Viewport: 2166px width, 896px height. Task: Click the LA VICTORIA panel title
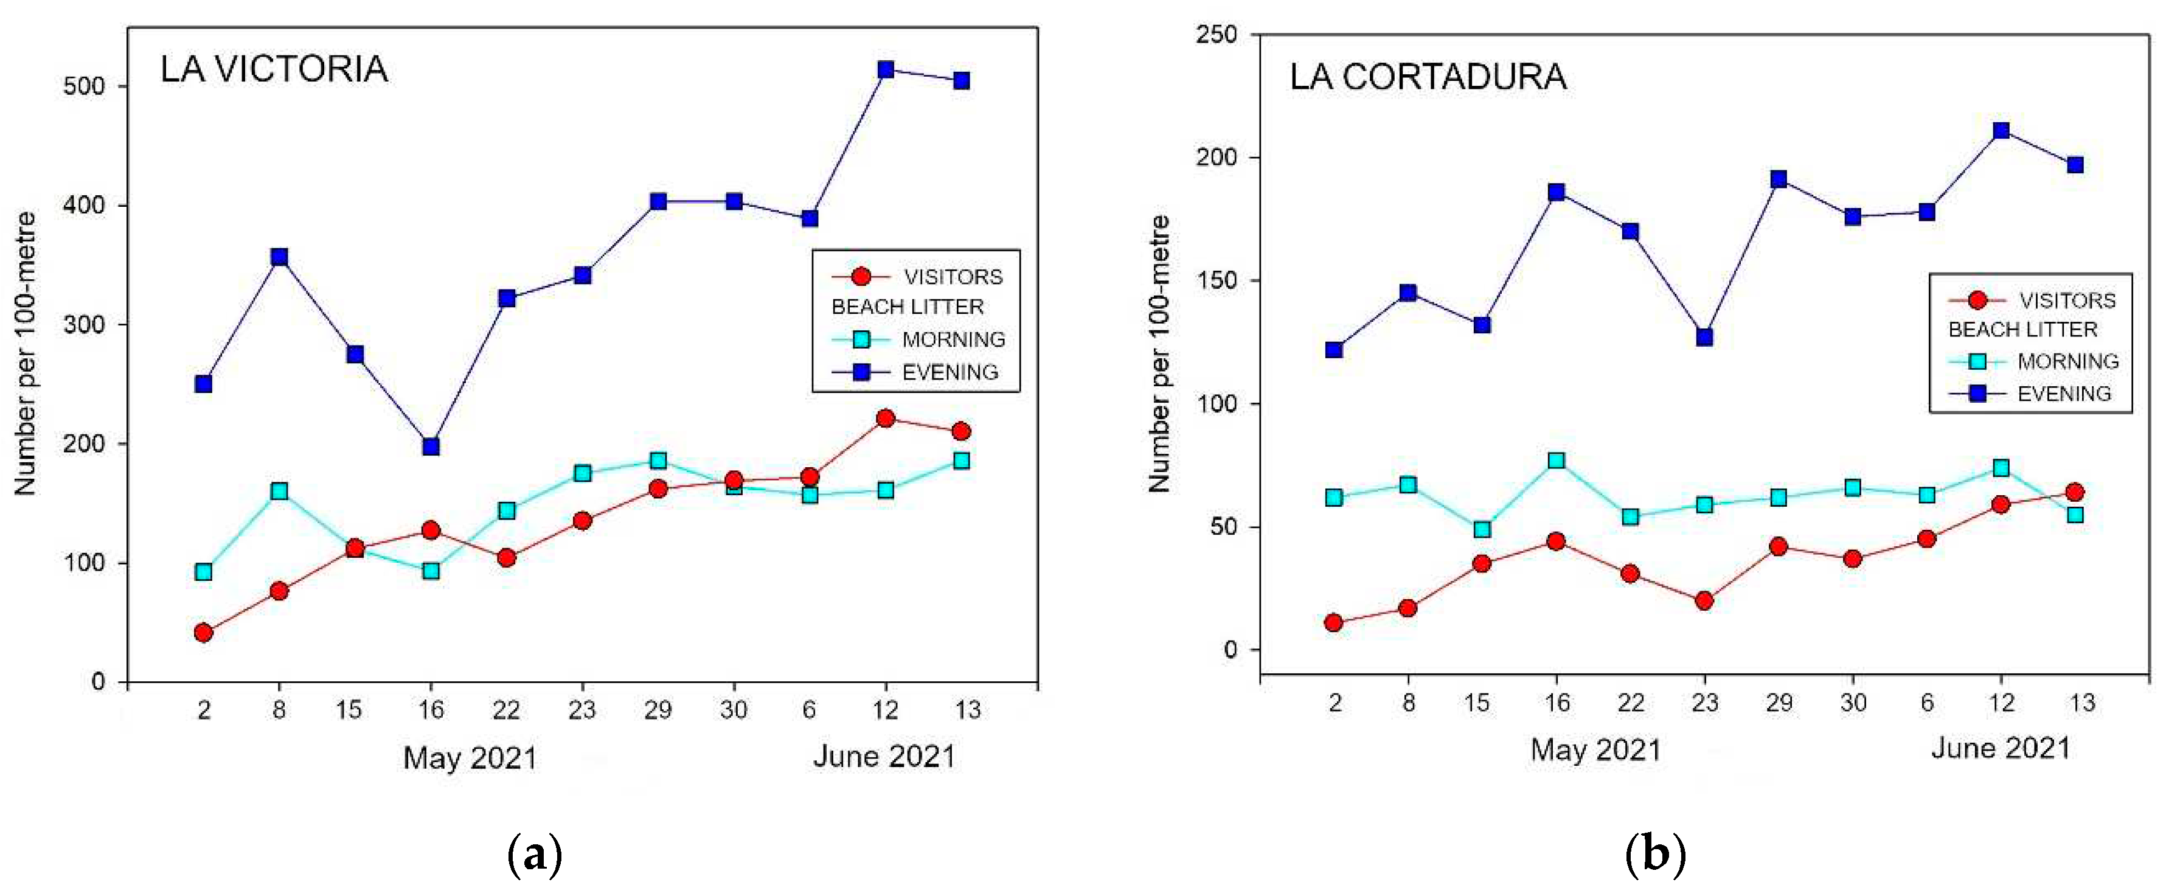(274, 69)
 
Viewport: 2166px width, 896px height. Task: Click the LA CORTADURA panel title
(1428, 77)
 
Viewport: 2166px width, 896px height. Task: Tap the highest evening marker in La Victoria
(886, 69)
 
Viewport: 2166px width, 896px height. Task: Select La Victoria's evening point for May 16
(431, 446)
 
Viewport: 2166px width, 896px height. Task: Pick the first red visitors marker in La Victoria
(204, 632)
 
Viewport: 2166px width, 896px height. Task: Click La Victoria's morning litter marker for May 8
(279, 491)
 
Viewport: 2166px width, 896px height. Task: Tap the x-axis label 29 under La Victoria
(658, 710)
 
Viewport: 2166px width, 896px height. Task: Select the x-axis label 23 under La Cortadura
(1704, 703)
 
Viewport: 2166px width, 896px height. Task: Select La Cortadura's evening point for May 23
(1704, 337)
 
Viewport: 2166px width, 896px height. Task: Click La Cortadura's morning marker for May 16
(1557, 460)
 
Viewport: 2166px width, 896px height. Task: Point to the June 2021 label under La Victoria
(884, 757)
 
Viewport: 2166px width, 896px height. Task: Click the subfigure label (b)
(1656, 855)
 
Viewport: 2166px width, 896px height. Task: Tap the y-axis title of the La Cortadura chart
(1159, 353)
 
